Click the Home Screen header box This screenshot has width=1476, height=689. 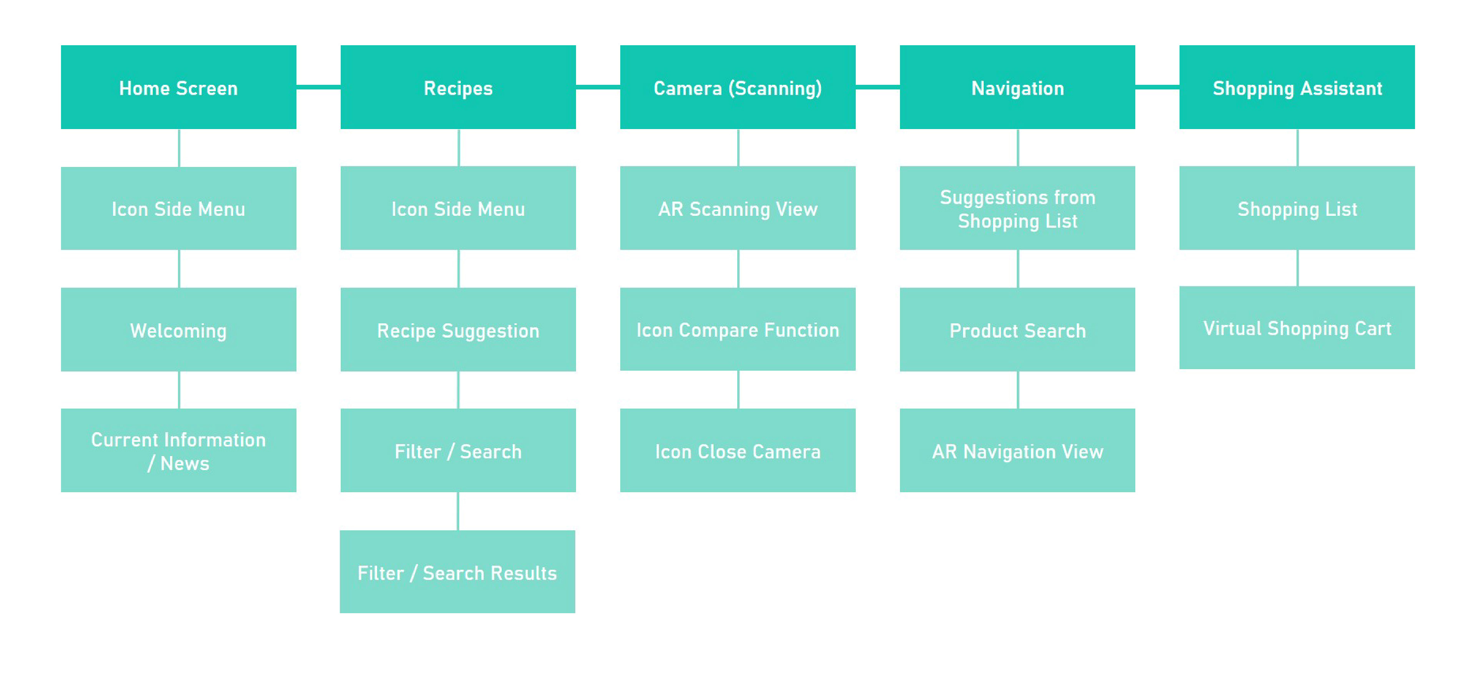[178, 87]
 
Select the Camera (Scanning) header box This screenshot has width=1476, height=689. [738, 87]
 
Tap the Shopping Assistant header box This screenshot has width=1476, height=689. [1296, 87]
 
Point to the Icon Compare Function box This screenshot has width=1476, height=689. [738, 329]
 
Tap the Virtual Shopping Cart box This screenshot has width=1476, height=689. [1296, 328]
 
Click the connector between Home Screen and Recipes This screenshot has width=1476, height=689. [318, 87]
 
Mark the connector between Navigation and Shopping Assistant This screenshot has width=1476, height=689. [1157, 87]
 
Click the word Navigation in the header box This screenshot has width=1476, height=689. [1017, 88]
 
